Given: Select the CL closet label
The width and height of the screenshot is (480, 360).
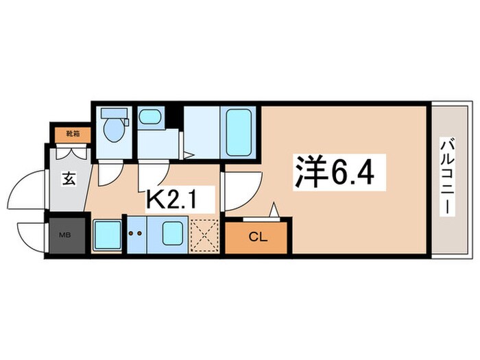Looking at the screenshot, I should click(x=258, y=238).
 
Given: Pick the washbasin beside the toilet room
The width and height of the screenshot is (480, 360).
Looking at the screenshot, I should click(x=149, y=119).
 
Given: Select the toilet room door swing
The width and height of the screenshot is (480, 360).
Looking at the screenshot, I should click(x=108, y=176).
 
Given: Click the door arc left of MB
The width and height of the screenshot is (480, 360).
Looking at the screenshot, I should click(x=31, y=237).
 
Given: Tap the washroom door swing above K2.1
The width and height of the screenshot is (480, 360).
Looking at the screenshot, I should click(x=153, y=177).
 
